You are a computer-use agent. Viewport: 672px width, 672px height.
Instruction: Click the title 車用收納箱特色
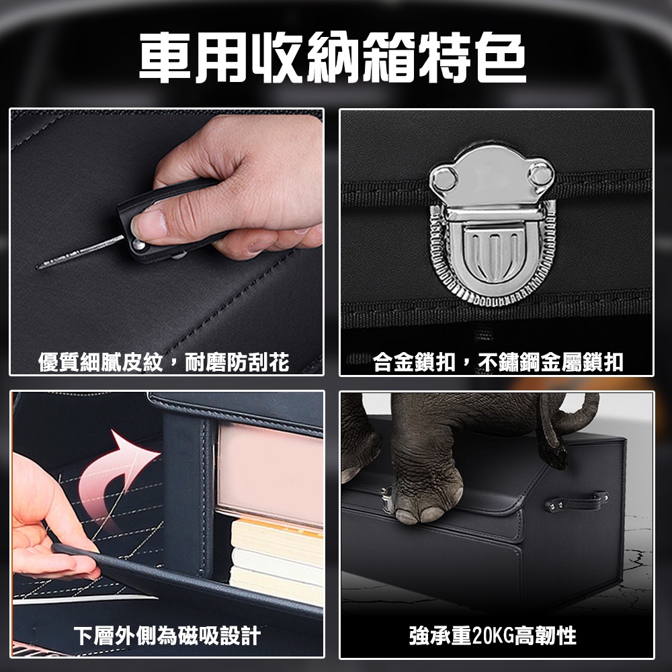(x=333, y=57)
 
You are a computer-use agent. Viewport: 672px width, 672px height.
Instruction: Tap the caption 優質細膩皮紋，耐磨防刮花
(x=164, y=362)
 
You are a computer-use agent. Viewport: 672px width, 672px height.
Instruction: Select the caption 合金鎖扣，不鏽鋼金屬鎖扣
(x=498, y=362)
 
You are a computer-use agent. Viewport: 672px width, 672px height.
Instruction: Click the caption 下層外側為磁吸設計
(x=167, y=636)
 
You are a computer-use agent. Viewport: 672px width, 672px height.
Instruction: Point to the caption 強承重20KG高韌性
(x=493, y=636)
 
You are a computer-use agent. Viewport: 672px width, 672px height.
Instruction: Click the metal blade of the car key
(x=80, y=253)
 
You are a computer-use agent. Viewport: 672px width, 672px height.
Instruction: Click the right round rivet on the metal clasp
(x=540, y=173)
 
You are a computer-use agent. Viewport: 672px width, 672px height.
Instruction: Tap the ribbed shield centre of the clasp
(x=493, y=253)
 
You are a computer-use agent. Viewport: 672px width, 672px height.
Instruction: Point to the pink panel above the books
(x=270, y=474)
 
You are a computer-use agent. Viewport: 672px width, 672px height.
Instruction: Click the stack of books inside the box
(x=277, y=561)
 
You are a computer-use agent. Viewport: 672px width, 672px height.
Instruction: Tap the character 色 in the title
(x=501, y=57)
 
